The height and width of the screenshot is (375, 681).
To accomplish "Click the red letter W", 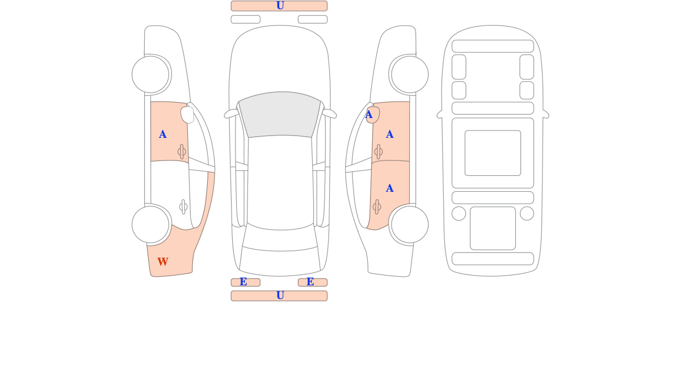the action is [x=163, y=262].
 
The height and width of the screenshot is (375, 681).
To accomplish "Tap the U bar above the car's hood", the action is [x=279, y=6].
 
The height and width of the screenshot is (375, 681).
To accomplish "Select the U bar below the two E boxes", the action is [x=279, y=296].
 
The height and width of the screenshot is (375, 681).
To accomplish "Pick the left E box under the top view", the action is [x=246, y=283].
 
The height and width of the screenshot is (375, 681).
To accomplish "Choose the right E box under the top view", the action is [x=313, y=283].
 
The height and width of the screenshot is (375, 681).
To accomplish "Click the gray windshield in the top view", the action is [x=280, y=114].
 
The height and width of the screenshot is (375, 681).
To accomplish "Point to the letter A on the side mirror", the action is [x=369, y=115].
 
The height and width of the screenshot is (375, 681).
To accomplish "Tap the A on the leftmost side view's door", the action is [x=163, y=134].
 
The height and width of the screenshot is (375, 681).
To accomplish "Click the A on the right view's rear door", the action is [x=390, y=188].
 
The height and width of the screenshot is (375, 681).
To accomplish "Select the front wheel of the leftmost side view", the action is [x=150, y=74].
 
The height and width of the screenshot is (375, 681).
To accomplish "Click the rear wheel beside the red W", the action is [x=150, y=225].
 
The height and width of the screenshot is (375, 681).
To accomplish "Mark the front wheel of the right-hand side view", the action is [x=410, y=74].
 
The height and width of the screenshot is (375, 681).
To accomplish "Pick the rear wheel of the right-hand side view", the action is [x=410, y=225].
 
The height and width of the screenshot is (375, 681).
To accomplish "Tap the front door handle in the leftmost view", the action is [x=182, y=151].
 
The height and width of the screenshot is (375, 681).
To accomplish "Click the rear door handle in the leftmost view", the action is [x=183, y=207].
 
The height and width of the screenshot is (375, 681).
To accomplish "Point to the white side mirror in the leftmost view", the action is [x=187, y=115].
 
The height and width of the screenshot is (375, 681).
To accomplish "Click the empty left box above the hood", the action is [x=246, y=19].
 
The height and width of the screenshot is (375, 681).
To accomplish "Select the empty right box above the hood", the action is [x=313, y=19].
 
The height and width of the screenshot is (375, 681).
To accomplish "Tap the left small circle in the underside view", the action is [x=459, y=213].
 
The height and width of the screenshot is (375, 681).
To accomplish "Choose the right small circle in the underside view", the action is [x=527, y=213].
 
